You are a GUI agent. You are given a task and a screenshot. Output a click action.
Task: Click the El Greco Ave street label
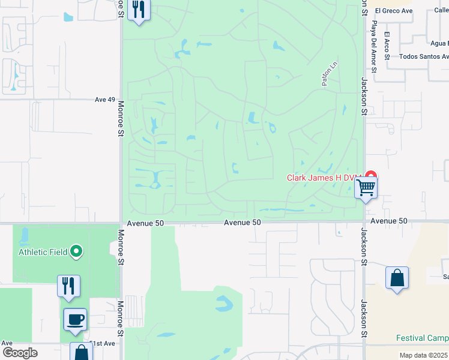point(394,10)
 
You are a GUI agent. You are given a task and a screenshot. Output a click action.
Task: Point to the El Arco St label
point(388,45)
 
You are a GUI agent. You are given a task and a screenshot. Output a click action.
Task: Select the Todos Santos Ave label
point(423,56)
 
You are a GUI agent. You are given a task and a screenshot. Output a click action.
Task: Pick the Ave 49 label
point(105,100)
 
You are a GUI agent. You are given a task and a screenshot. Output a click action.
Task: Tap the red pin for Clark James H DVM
point(371,178)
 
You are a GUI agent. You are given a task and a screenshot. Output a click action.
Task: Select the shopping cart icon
point(366,188)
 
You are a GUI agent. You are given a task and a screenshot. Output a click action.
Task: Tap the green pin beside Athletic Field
point(76,251)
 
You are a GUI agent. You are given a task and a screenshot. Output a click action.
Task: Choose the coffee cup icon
point(75,319)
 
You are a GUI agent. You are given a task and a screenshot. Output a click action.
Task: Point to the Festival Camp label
point(422,338)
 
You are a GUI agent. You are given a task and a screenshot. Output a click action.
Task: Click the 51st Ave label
point(101,343)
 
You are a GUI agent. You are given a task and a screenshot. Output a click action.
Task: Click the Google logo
point(20,353)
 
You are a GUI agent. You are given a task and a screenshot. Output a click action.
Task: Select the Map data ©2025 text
point(423,355)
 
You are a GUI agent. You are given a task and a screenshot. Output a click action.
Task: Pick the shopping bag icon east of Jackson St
point(397,278)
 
